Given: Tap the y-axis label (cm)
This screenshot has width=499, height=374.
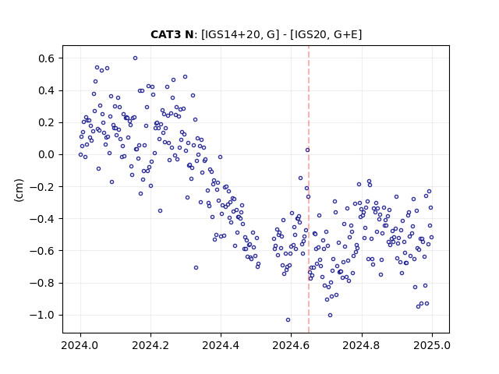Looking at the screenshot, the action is click(x=19, y=190).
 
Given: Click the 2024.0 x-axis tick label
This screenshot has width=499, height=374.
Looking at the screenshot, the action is click(x=80, y=345).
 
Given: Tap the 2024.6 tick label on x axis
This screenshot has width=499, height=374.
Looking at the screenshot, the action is click(x=291, y=345).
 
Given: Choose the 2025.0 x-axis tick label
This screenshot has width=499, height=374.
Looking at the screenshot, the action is click(x=432, y=345).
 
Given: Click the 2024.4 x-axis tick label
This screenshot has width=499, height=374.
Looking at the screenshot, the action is click(x=221, y=345).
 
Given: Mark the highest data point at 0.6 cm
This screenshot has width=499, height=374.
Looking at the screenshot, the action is click(x=135, y=58).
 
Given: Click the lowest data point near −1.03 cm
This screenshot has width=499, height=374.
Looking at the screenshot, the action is click(x=288, y=320).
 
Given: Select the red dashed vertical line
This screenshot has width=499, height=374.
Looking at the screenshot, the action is click(x=309, y=189).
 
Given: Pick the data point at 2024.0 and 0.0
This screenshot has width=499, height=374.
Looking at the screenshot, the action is click(x=80, y=155).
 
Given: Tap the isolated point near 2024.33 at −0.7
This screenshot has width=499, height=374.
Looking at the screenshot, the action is click(x=196, y=268).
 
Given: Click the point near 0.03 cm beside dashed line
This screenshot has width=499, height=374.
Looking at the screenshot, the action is click(x=308, y=150).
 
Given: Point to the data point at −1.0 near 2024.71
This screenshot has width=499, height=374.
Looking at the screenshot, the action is click(x=330, y=315).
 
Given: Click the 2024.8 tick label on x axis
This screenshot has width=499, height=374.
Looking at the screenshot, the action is click(x=362, y=345).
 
